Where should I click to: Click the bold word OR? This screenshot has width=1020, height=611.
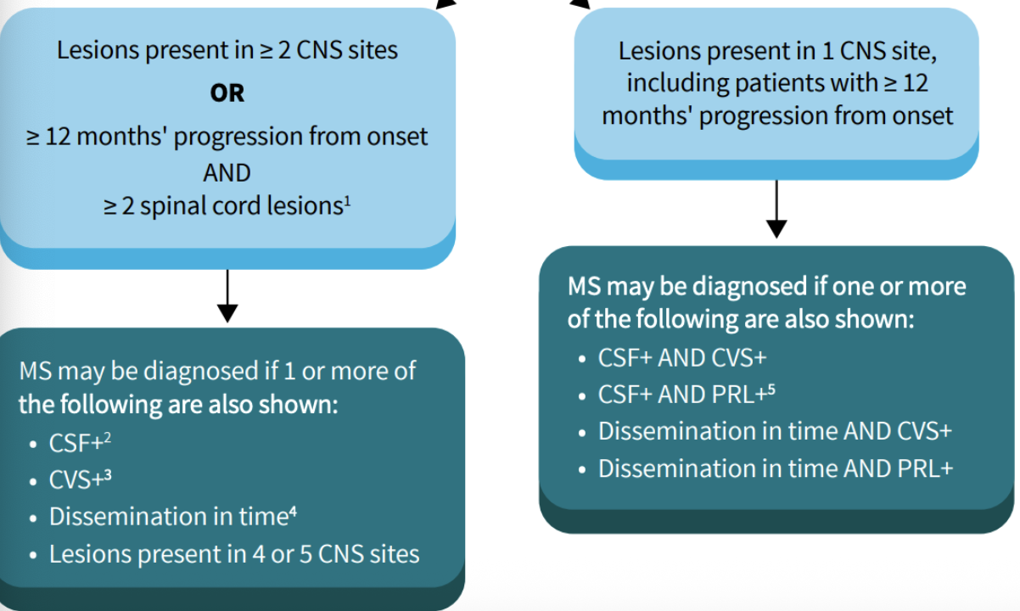click(x=227, y=92)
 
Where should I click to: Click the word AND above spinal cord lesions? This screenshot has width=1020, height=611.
click(x=227, y=172)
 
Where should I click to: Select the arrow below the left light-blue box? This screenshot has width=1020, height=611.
click(x=227, y=297)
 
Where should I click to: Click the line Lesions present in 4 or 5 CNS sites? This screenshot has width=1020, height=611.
click(x=233, y=554)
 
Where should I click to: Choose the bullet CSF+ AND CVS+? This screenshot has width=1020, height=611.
click(x=682, y=357)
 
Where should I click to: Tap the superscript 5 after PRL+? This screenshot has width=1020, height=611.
click(x=772, y=389)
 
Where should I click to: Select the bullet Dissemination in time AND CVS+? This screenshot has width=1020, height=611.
click(x=775, y=431)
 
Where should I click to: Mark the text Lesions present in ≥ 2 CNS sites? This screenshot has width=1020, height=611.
click(x=227, y=50)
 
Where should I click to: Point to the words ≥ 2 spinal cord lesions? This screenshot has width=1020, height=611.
click(x=222, y=206)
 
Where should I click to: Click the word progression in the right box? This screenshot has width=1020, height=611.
click(x=744, y=115)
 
